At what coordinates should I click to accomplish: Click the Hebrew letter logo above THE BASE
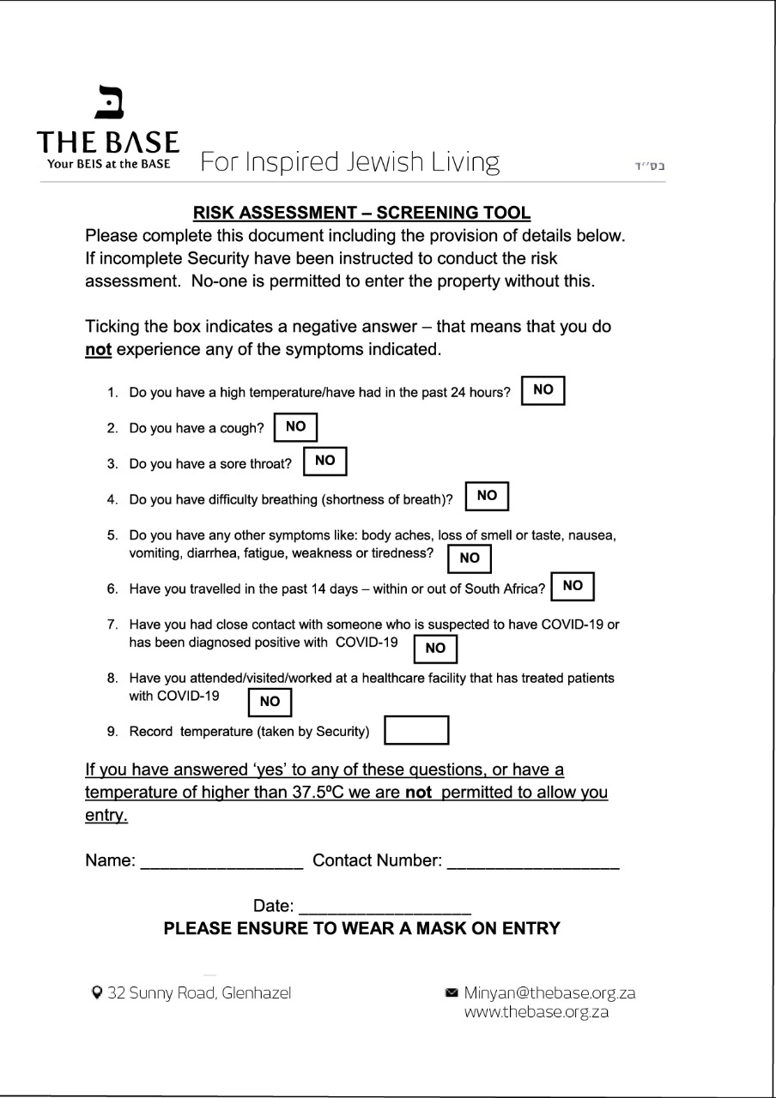coord(109,103)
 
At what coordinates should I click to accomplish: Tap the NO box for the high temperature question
coord(543,391)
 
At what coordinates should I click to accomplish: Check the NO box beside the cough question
coord(295,426)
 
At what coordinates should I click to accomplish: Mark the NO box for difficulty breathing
coord(487,496)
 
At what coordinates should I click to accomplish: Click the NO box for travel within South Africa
coord(573,586)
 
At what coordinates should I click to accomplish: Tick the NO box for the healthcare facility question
coord(270,702)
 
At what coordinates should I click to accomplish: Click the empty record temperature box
coord(416,731)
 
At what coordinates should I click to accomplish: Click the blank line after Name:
coord(221,860)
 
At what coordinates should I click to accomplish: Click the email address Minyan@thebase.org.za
coord(549,993)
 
